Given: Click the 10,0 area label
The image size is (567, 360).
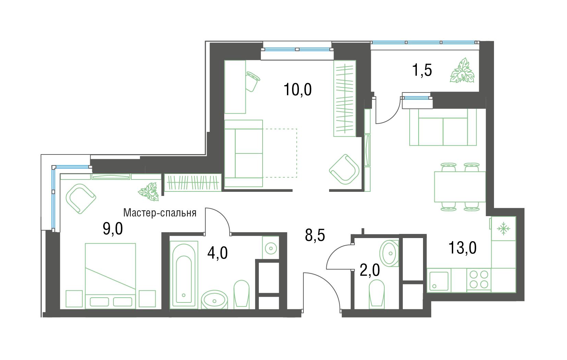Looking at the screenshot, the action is pos(298,89).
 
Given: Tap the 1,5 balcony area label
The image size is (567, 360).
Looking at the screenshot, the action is pos(422,70).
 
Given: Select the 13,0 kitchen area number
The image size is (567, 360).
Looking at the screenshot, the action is pos(462,248).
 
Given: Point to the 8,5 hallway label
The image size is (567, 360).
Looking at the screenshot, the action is pos(315,235).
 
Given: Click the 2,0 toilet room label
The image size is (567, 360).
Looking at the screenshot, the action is pos(370,270).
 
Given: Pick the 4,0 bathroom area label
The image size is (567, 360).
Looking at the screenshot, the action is pos(217,253).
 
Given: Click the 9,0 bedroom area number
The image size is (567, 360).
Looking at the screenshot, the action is pos(113,228).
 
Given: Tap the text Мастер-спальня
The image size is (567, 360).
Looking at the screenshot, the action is pos(160,213).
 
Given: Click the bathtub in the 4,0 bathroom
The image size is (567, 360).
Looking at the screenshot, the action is pos(184,275).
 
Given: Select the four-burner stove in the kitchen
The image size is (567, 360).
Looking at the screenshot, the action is pos(479,280).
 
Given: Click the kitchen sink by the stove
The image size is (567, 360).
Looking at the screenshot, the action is pos(439,281).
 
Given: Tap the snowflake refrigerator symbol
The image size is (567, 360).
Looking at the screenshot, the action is pos(504,229).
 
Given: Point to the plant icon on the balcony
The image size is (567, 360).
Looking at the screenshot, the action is pos(462,71).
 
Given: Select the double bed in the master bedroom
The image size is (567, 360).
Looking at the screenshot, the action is pos(110,276).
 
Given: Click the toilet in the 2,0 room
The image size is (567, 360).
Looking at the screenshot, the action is pos(377,294).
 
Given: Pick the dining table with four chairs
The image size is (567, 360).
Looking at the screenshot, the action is pos(460,187).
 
